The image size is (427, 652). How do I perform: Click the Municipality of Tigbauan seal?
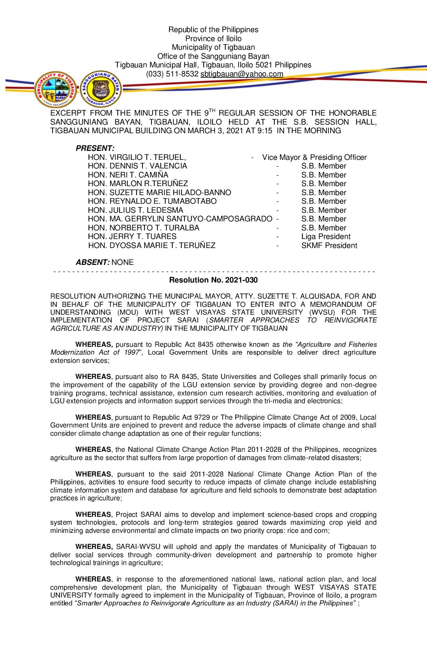coord(55,90)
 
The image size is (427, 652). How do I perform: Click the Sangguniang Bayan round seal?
coord(101,89)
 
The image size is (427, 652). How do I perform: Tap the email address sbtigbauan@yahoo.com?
coord(242,74)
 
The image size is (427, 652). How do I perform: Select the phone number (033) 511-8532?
coord(172,74)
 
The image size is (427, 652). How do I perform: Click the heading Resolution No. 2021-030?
coord(213,280)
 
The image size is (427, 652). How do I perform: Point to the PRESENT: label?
coord(95,149)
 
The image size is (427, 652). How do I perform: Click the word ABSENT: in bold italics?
coord(93,262)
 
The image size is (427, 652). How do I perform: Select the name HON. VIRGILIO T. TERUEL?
coord(137,157)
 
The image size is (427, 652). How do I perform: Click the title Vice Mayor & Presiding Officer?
coord(314,157)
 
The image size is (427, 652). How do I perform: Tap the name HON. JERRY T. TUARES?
coord(132,236)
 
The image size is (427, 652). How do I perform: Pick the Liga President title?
coord(326,236)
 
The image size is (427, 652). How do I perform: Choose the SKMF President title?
coord(329,245)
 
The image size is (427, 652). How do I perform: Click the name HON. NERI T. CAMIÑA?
coord(128,175)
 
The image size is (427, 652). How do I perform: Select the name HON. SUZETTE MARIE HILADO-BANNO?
coord(159,192)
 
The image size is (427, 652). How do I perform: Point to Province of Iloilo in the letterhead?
coord(213,38)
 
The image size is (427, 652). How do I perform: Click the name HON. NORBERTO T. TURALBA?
coord(143,228)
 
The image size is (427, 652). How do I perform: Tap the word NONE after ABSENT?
coord(122,262)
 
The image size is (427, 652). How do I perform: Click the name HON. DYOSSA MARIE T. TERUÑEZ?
coord(151,245)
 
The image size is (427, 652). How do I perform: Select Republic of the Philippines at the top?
coord(213,29)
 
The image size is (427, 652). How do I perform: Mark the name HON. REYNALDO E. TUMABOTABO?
coord(152,201)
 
